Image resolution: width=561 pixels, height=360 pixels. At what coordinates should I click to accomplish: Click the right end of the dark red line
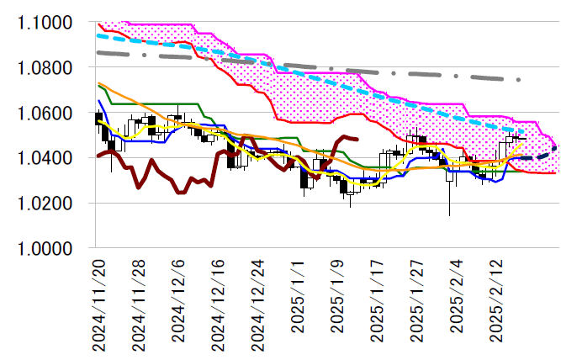pyautogui.click(x=358, y=140)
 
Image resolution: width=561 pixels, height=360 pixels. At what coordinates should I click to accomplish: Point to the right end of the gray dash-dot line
pyautogui.click(x=520, y=80)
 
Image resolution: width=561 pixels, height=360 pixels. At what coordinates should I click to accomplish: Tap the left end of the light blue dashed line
pyautogui.click(x=98, y=35)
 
